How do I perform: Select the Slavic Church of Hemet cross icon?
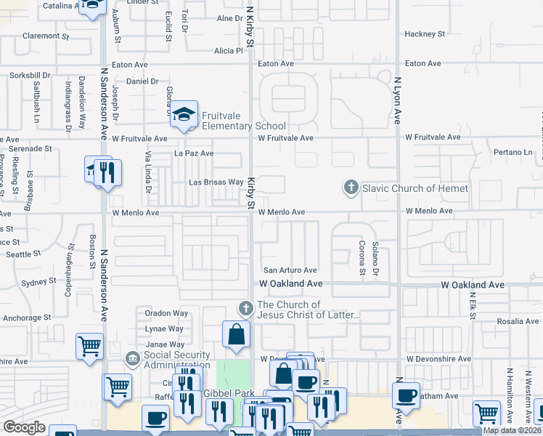pyautogui.click(x=351, y=188)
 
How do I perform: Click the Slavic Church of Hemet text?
pyautogui.click(x=415, y=189)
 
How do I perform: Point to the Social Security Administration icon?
pyautogui.click(x=132, y=358)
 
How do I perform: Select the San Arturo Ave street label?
pyautogui.click(x=290, y=270)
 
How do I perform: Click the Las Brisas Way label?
pyautogui.click(x=216, y=182)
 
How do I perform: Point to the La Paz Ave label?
pyautogui.click(x=194, y=153)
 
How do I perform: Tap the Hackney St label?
pyautogui.click(x=425, y=34)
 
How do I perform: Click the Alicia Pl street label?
pyautogui.click(x=228, y=51)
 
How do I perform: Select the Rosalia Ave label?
pyautogui.click(x=518, y=320)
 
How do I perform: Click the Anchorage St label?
pyautogui.click(x=26, y=317)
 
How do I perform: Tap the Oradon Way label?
pyautogui.click(x=166, y=313)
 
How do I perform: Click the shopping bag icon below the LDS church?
pyautogui.click(x=237, y=335)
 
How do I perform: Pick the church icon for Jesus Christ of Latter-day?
pyautogui.click(x=246, y=309)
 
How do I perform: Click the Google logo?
pyautogui.click(x=24, y=427)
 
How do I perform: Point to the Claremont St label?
pyautogui.click(x=45, y=35)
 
